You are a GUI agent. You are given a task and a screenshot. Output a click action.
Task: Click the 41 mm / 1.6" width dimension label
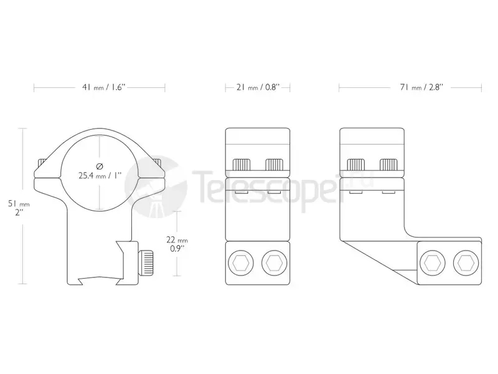pyautogui.click(x=104, y=87)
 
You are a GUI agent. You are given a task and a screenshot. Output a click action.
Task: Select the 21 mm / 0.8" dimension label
pyautogui.click(x=258, y=87)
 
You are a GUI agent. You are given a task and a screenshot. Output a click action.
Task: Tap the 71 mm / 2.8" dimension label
pyautogui.click(x=421, y=87)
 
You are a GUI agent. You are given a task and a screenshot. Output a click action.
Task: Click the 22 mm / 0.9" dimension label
pyautogui.click(x=177, y=244)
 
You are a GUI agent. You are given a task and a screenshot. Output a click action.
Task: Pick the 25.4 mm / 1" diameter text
pyautogui.click(x=100, y=175)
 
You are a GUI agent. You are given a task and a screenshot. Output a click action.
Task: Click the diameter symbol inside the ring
pyautogui.click(x=100, y=166)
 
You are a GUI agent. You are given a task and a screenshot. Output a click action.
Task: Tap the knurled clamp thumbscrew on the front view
pyautogui.click(x=146, y=262)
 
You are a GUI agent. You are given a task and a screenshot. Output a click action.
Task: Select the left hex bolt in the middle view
pyautogui.click(x=241, y=262)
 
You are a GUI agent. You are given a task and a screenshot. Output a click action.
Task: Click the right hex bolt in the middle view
pyautogui.click(x=275, y=262)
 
